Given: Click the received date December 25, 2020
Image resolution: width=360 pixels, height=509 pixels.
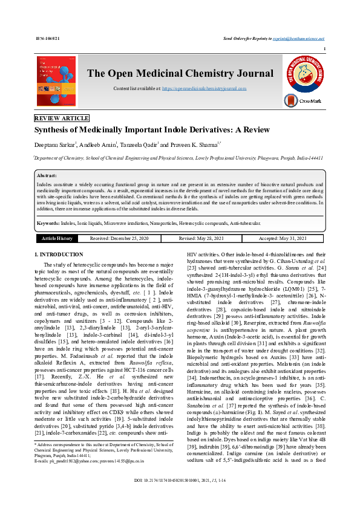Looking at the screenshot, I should (x=119, y=238).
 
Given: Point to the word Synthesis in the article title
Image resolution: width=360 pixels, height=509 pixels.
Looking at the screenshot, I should (x=51, y=130).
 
